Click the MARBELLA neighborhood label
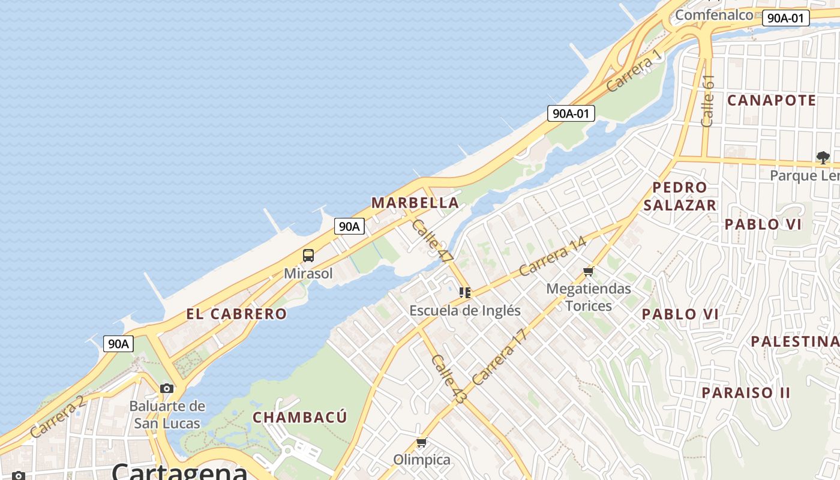415,203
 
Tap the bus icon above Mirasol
308,256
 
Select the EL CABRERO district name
236,314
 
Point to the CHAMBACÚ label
300,418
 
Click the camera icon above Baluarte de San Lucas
167,388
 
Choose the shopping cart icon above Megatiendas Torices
588,272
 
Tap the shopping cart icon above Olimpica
421,443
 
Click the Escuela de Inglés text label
465,311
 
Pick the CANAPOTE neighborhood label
772,100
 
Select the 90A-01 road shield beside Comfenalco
785,18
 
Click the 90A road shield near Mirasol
349,226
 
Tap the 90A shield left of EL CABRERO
118,344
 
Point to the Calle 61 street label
708,101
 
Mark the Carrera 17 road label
499,357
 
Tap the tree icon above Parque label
823,158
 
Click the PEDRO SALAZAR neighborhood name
680,196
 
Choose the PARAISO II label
746,393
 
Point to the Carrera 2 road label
58,416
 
